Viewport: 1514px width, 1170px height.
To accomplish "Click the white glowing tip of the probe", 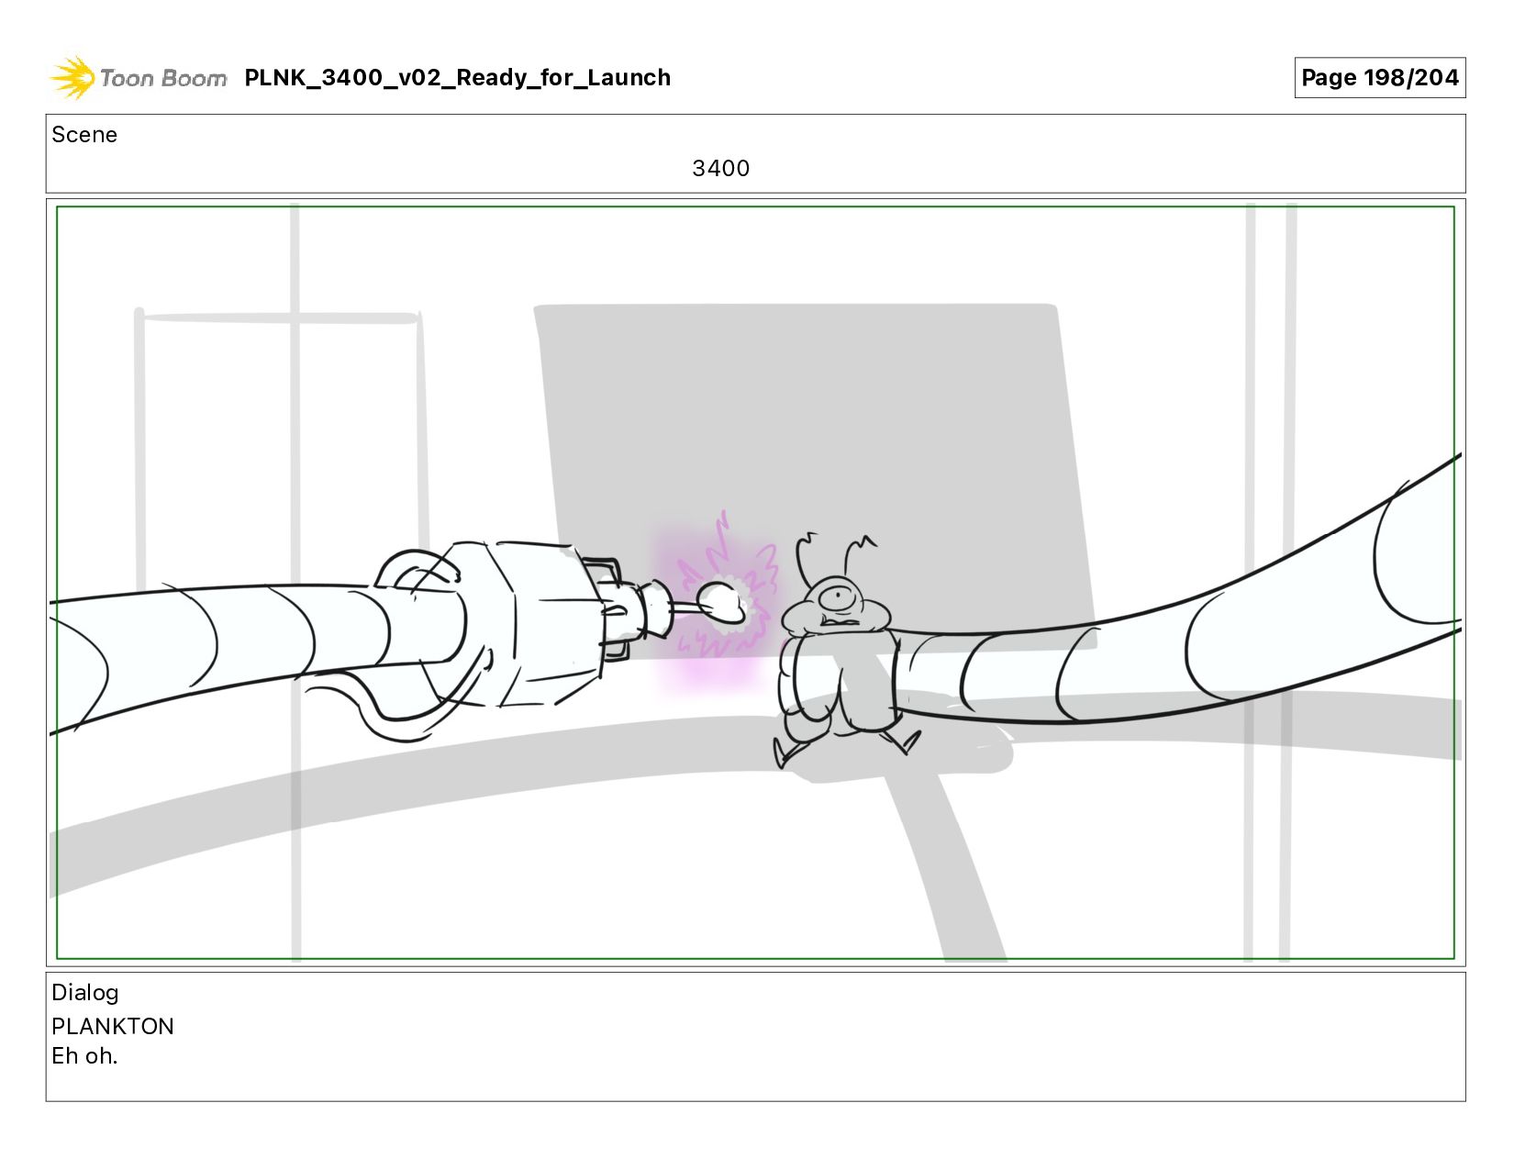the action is (x=720, y=602).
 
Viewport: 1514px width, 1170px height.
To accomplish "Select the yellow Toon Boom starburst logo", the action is (x=72, y=77).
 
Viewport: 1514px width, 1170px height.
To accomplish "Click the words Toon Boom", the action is (x=163, y=78).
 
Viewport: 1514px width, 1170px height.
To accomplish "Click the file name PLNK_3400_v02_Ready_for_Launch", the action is (x=457, y=77).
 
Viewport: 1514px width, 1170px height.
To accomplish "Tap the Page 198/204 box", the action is (x=1379, y=77).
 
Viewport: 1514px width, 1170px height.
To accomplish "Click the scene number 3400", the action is (x=720, y=168).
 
